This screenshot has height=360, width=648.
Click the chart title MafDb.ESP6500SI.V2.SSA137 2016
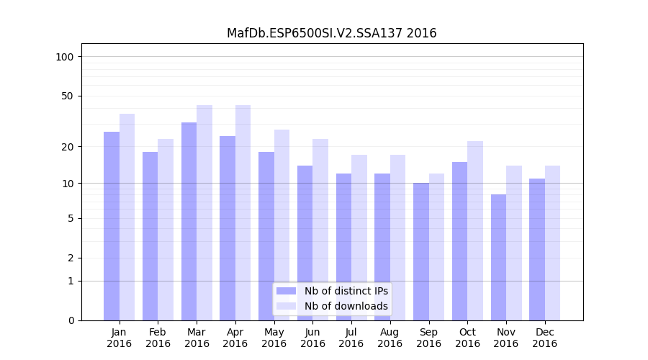click(x=331, y=33)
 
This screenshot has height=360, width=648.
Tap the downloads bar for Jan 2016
click(x=127, y=216)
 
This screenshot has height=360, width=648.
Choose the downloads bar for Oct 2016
click(x=474, y=230)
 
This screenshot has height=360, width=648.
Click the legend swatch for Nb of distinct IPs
click(x=286, y=291)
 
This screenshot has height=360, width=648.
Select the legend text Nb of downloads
click(x=346, y=306)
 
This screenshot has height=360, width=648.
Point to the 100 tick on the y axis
click(x=65, y=57)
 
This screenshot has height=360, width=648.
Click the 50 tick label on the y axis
click(x=68, y=96)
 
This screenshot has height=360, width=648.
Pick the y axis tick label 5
click(x=71, y=218)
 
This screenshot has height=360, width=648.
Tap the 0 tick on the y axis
click(x=71, y=320)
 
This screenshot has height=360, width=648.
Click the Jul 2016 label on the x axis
click(x=351, y=338)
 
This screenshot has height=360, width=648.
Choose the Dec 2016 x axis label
click(x=544, y=338)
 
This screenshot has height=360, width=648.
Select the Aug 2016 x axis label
click(x=390, y=338)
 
